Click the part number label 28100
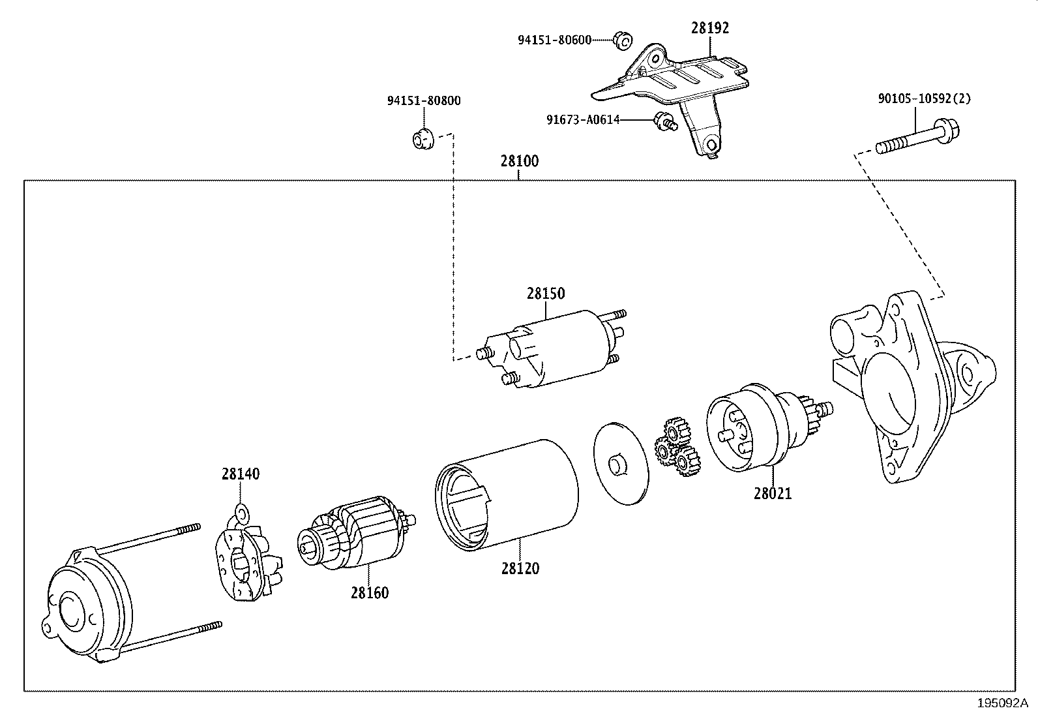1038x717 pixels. (519, 161)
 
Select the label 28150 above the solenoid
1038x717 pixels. (546, 294)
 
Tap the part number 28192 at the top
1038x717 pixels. (710, 28)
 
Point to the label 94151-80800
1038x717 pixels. (424, 101)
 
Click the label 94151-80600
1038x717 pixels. (554, 40)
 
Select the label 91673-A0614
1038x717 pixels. (583, 119)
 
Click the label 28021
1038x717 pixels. (773, 494)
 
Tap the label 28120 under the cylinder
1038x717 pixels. (520, 569)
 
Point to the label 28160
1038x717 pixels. (369, 593)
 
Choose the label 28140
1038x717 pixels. (240, 474)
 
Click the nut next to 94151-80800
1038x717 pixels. (422, 139)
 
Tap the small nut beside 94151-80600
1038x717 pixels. (621, 40)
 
